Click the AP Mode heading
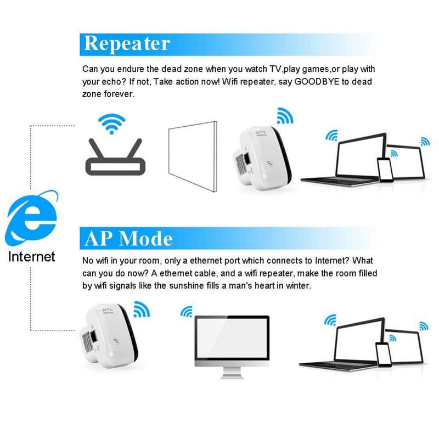tap(128, 238)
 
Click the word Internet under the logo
tap(32, 256)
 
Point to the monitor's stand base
tap(232, 376)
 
